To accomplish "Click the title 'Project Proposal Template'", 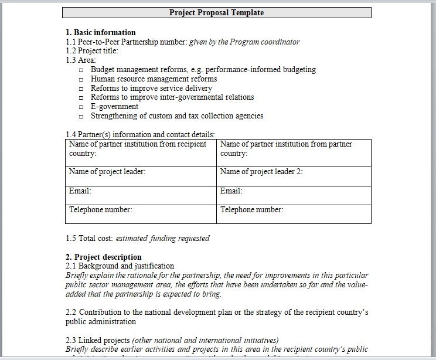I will (x=217, y=12).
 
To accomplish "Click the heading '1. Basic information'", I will (x=100, y=32).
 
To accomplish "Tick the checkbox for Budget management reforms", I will (x=81, y=70).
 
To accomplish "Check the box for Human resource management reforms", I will (x=81, y=79).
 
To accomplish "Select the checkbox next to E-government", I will (x=81, y=107).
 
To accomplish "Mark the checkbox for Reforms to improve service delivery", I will (x=81, y=89).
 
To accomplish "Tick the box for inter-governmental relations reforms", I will (x=81, y=98).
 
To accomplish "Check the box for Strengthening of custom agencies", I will (x=81, y=117).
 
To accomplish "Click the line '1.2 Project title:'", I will (x=92, y=51).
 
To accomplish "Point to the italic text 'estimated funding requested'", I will (x=162, y=239).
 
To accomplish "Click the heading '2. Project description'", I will (x=103, y=257).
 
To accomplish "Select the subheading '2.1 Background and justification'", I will (x=120, y=266).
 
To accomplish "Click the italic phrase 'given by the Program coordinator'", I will (x=244, y=42).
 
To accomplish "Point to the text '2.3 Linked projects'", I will (x=98, y=340).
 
